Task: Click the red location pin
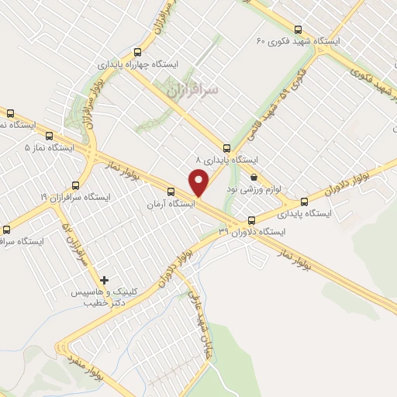coord(199,183)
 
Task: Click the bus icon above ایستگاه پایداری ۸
coord(226,147)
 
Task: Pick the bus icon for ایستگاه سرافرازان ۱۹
coord(75,185)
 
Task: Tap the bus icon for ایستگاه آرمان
coord(171,192)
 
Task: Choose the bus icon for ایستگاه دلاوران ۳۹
coord(250,219)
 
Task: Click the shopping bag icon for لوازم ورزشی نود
coord(254,178)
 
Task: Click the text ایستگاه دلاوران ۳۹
coord(252,232)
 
